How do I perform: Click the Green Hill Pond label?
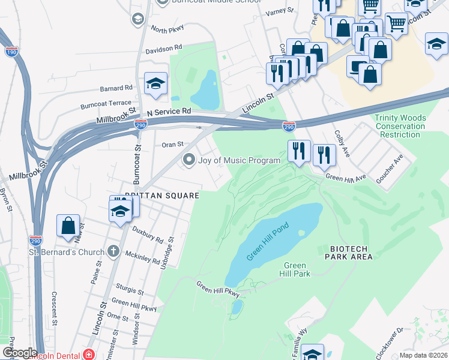(268, 242)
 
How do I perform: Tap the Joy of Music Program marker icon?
(190, 160)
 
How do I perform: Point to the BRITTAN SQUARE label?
(161, 195)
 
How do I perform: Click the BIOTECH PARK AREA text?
(351, 253)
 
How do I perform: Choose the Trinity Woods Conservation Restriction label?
(400, 126)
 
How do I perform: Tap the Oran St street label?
(172, 145)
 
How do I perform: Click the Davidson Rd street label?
(163, 47)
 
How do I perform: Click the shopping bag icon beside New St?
(68, 226)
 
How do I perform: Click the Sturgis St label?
(131, 291)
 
